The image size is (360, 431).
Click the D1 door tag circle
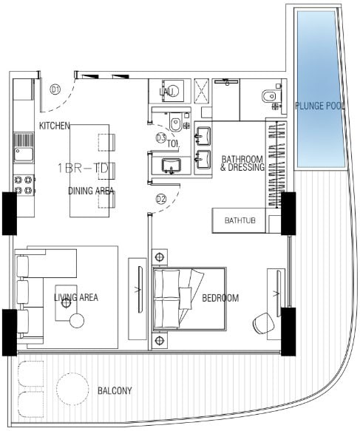(55, 89)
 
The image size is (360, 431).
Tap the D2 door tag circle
(161, 199)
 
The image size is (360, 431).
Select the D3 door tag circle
(160, 138)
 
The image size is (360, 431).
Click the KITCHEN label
(55, 126)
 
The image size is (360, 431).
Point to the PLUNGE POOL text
(319, 106)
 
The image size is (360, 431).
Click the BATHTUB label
(240, 220)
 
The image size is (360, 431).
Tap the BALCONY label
(115, 390)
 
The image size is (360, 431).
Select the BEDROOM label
(220, 298)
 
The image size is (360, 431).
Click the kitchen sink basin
(24, 155)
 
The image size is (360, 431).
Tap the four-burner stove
(24, 186)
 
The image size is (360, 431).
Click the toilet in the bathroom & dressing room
(271, 97)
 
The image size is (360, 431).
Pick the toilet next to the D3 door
(176, 121)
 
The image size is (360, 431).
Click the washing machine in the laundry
(173, 91)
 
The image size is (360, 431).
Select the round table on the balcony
(72, 388)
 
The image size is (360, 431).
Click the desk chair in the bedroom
(263, 323)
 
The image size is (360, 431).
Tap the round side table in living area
(77, 321)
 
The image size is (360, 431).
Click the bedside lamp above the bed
(160, 257)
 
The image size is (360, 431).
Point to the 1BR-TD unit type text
(84, 169)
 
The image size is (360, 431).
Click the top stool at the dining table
(106, 143)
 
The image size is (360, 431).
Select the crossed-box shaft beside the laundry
(201, 91)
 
